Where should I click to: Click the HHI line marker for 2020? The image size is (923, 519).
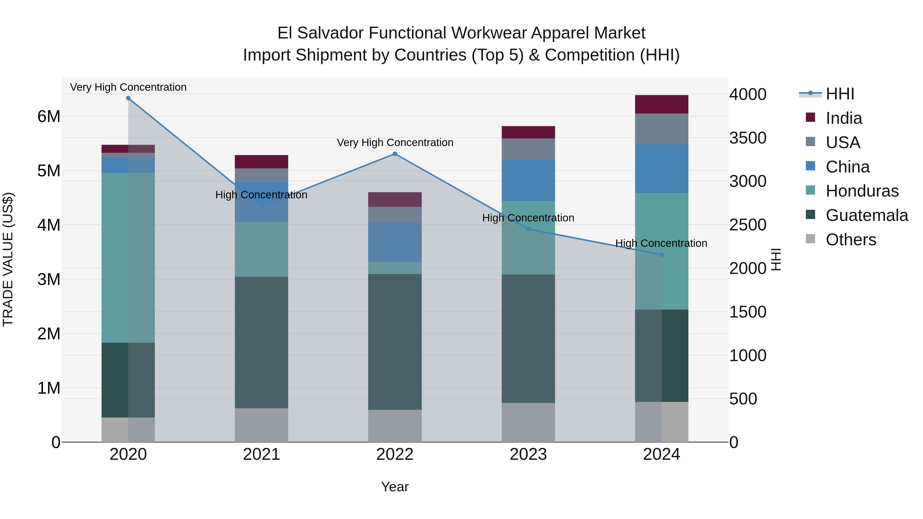[128, 98]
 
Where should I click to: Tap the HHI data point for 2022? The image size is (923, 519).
[395, 154]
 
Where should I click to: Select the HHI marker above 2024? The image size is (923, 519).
[661, 255]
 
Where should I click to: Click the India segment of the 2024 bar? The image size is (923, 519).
[661, 104]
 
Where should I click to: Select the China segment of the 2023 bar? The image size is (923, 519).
[528, 180]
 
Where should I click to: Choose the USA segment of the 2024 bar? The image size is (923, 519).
[661, 129]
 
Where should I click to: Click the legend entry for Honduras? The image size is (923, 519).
[862, 191]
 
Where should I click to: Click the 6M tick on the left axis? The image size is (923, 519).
[49, 116]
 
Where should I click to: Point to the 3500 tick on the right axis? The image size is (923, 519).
[748, 138]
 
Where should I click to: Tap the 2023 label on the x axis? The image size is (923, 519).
[528, 454]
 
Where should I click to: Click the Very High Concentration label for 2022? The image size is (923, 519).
[395, 143]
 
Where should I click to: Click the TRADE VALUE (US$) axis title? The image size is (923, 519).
[8, 259]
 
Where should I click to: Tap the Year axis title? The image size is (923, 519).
[395, 487]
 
